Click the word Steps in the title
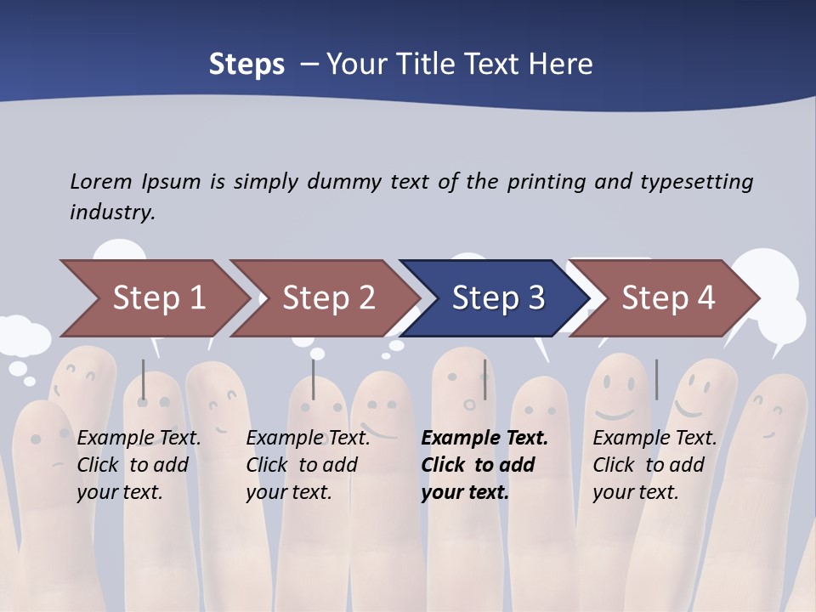click(246, 65)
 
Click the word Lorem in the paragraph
click(101, 181)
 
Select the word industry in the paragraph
click(111, 212)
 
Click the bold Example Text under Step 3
click(484, 439)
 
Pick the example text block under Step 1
click(139, 465)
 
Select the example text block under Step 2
click(308, 465)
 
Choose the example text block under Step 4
click(654, 465)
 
